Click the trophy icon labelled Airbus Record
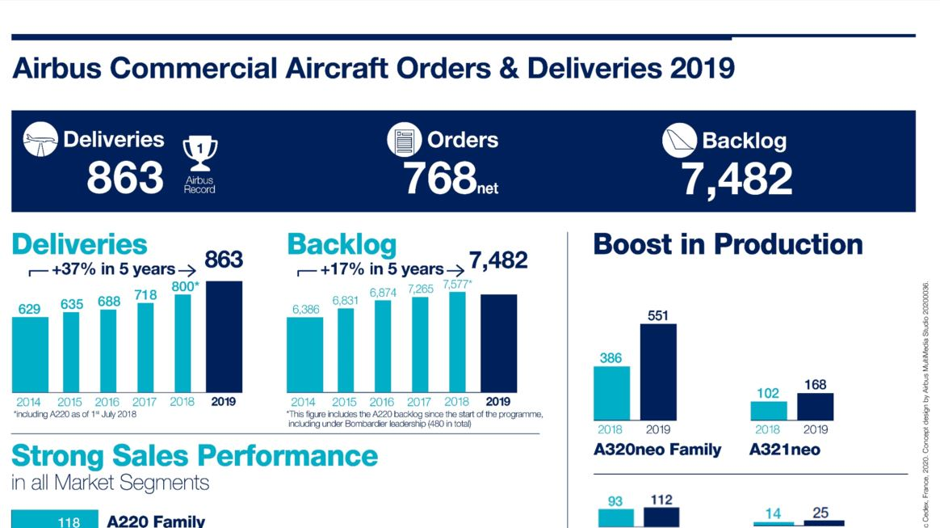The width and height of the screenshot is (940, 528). pos(199,154)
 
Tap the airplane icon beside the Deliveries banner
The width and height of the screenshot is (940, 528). pos(40,139)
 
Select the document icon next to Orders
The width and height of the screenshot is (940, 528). pos(404,140)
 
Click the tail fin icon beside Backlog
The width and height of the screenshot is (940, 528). pos(679,141)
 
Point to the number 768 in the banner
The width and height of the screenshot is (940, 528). pos(439,179)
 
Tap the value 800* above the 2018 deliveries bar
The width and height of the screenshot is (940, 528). pos(185,286)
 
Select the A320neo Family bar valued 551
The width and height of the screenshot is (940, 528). pos(658,372)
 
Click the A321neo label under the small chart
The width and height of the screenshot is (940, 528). pos(784,450)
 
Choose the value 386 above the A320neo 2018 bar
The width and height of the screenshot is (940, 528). pos(611,357)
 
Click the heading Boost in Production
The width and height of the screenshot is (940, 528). pos(728,244)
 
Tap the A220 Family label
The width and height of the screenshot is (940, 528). pos(156,522)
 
